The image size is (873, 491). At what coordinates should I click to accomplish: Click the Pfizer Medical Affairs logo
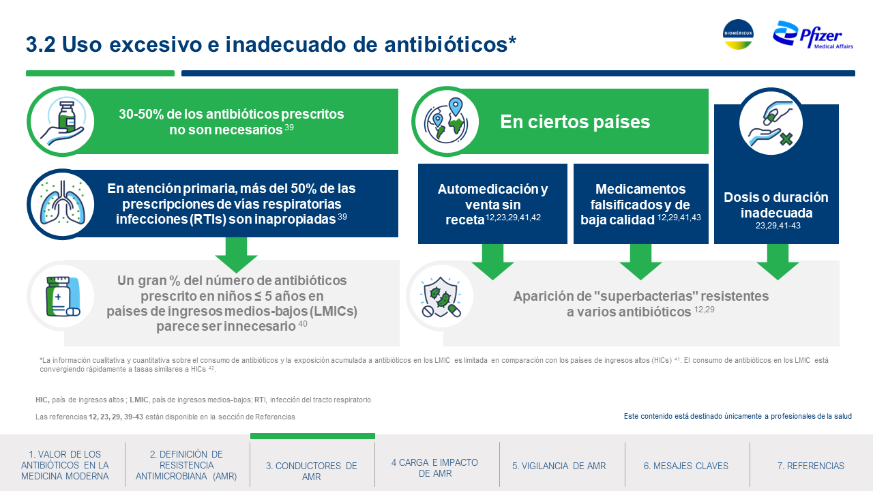coord(812,35)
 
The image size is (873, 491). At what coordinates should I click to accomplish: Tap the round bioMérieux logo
coord(738,34)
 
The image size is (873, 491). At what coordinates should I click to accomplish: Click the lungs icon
coord(62,204)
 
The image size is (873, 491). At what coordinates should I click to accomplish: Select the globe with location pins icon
coord(446,121)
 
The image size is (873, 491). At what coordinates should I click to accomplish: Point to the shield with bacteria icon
coord(440,297)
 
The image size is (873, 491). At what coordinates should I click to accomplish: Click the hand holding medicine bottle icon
coord(61,121)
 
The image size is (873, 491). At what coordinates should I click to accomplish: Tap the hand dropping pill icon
coord(771,123)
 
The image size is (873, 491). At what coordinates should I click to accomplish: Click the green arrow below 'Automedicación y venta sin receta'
coord(492,261)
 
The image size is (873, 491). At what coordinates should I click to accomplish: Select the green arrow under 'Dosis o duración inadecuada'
coord(778,261)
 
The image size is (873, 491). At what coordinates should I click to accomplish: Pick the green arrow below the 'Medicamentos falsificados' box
coord(640,261)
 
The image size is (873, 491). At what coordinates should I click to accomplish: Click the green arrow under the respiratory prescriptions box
coord(236,255)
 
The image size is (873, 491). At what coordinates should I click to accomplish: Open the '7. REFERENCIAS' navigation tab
coord(811,466)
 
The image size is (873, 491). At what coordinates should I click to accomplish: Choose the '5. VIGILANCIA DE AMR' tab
coord(559,466)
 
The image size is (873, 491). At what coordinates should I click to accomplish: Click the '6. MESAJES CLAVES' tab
coord(686,466)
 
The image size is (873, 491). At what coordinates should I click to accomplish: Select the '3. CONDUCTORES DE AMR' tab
coord(312,471)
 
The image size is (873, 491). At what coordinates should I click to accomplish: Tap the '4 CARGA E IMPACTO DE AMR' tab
coord(434,468)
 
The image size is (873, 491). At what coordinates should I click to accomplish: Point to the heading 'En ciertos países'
coord(575,121)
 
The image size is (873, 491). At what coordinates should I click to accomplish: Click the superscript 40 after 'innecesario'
coord(303,323)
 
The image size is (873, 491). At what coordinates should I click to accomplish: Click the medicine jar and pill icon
coord(62,296)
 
